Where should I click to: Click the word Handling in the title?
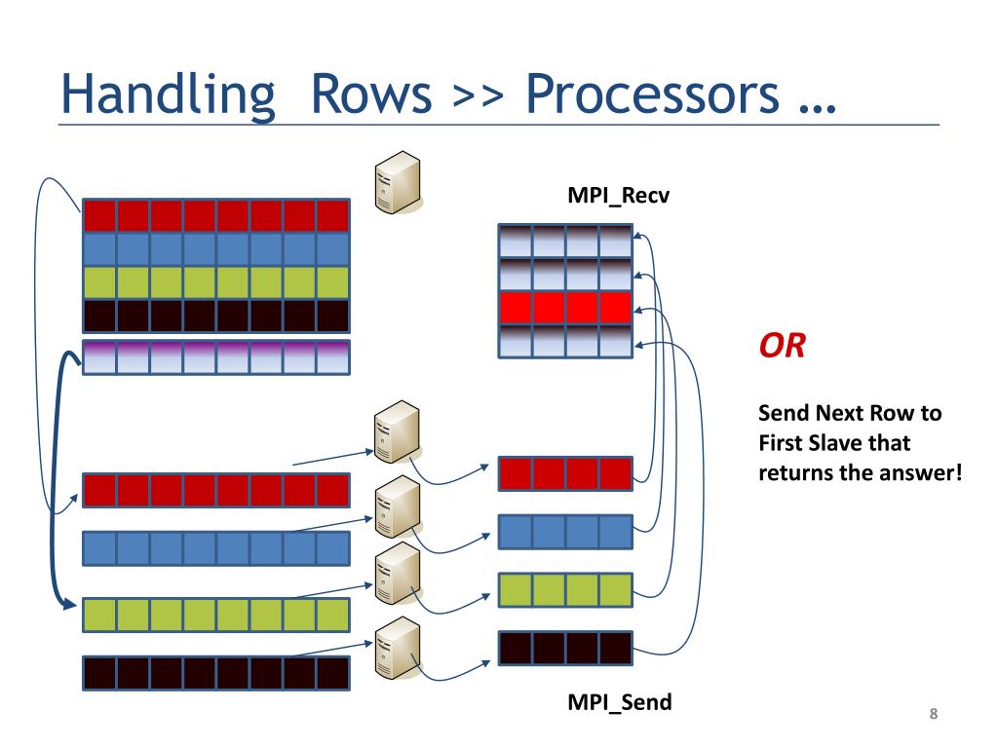pos(168,95)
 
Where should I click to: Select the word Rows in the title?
pos(371,94)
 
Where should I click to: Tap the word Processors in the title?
pos(652,94)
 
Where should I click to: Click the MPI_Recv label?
pos(619,195)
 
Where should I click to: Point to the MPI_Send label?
pos(619,702)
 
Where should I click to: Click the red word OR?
pos(783,346)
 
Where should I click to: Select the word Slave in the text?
pos(828,443)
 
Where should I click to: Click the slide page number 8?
pos(933,714)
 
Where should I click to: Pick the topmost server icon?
pos(398,182)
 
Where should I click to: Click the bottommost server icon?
pos(398,648)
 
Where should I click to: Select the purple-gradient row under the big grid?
pos(216,356)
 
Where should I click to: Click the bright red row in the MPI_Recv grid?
pos(565,308)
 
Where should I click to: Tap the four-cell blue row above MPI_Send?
pos(565,532)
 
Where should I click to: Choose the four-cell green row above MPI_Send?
pos(565,589)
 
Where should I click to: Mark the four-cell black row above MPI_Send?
pos(565,648)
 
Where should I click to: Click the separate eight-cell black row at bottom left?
pos(216,673)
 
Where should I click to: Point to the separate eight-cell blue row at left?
pos(216,548)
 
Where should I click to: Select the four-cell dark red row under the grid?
pos(565,474)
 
